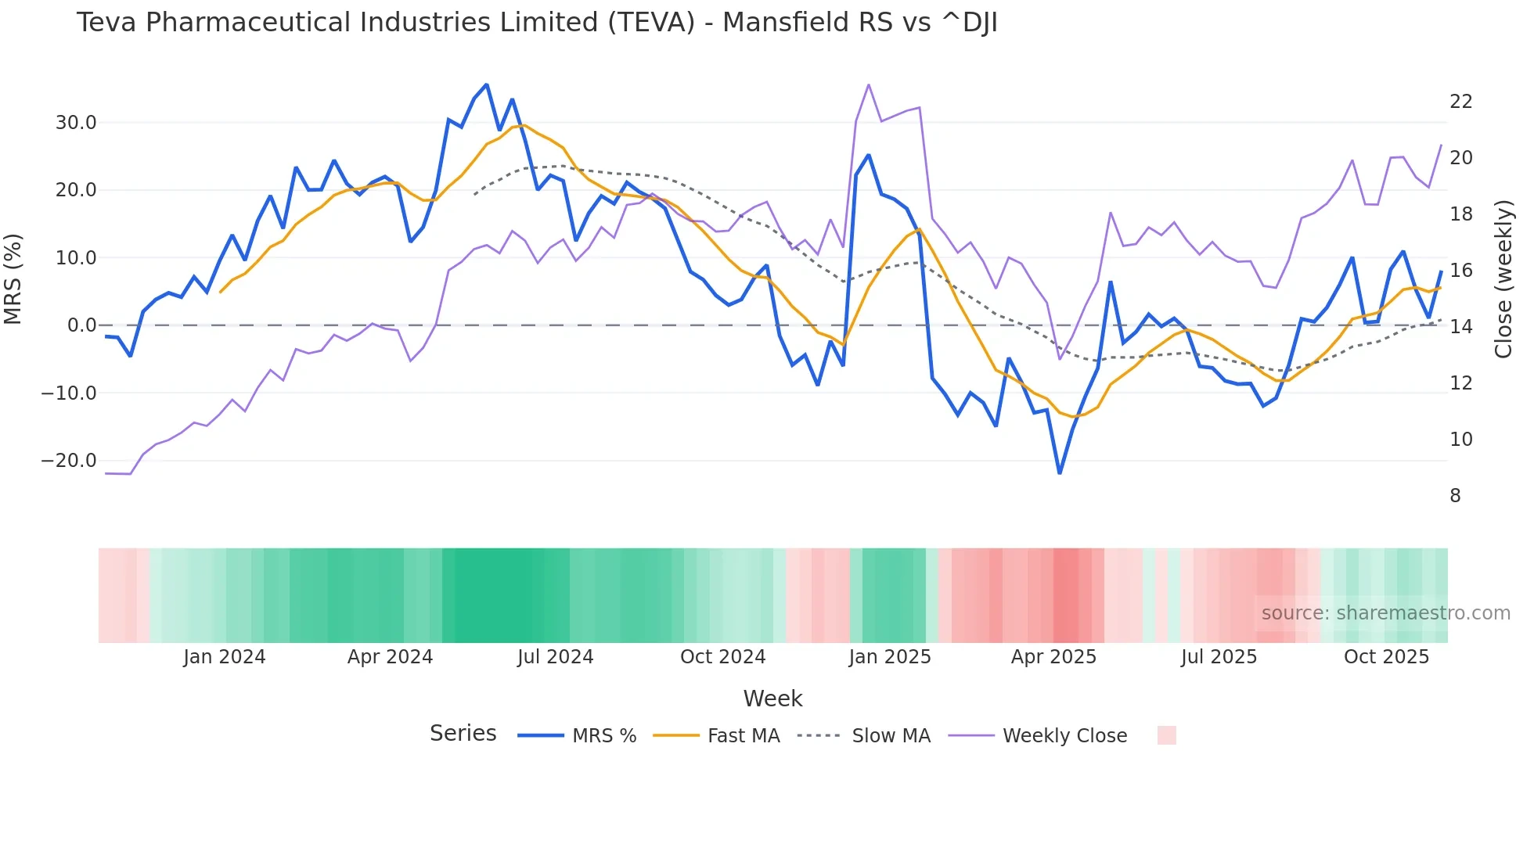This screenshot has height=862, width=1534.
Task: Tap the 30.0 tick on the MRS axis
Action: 75,123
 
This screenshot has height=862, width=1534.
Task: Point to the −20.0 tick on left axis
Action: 69,461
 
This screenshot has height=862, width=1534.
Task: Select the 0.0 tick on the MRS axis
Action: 81,325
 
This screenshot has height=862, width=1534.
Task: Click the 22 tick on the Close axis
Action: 1460,102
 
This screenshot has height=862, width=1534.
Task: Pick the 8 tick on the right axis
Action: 1455,496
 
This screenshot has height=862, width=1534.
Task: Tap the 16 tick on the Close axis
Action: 1460,271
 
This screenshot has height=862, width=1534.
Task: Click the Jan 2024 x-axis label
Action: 225,657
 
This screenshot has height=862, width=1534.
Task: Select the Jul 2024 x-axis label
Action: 555,657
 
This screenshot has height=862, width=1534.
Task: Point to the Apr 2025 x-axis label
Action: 1053,657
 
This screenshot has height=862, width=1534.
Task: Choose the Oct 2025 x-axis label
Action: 1386,657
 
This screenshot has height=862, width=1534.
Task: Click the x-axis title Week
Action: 772,699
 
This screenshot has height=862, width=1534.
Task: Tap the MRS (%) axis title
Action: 13,279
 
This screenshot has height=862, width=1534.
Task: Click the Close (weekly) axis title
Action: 1503,279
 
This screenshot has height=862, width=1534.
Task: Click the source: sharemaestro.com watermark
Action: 1385,613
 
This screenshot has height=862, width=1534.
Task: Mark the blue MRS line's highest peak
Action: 487,84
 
